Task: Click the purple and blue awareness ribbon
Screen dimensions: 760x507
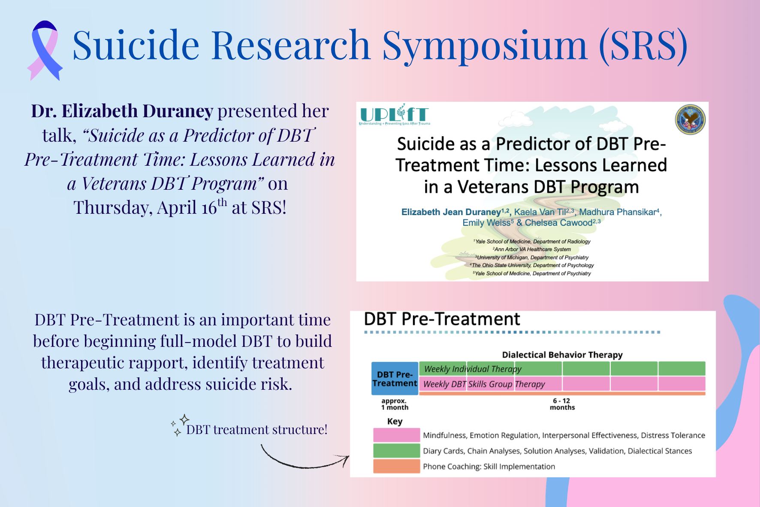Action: click(45, 51)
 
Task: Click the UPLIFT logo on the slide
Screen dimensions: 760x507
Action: click(394, 115)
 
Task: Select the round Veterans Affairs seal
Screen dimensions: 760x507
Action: click(690, 120)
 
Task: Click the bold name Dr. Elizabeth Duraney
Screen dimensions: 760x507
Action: click(122, 111)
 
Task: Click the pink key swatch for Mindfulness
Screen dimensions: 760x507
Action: click(396, 435)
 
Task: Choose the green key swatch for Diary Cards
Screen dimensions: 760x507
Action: click(396, 451)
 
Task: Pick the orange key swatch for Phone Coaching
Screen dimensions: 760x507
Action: click(396, 466)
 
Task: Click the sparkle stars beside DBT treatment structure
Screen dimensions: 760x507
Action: click(180, 425)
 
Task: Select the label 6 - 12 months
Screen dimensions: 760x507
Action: click(562, 404)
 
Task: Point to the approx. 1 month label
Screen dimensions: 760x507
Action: click(395, 404)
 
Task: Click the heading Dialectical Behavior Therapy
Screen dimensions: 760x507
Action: click(562, 355)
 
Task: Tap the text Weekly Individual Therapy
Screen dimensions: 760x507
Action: click(472, 369)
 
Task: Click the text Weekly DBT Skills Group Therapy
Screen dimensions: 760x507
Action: click(484, 384)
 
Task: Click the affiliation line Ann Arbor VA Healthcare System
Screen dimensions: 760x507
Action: click(532, 249)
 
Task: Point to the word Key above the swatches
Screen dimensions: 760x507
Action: click(395, 421)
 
